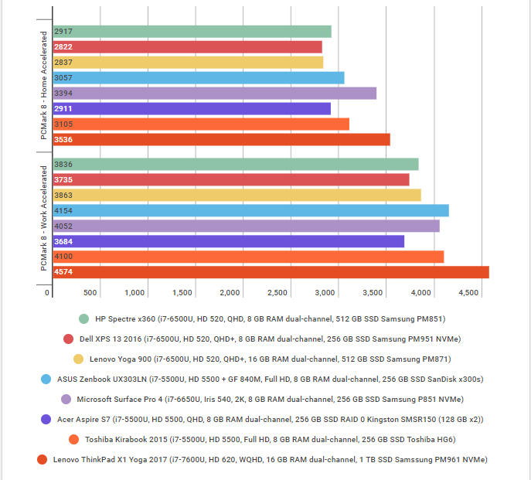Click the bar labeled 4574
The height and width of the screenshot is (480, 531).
[271, 272]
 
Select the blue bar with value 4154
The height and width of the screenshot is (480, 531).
[250, 210]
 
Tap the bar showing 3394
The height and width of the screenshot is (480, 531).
[214, 93]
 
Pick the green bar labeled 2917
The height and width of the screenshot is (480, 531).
[192, 32]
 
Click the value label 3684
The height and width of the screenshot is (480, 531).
[64, 241]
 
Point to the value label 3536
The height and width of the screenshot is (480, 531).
[64, 140]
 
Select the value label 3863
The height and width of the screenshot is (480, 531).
[64, 195]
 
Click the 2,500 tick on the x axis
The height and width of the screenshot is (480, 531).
[278, 293]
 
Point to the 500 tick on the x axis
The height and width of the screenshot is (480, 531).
[90, 293]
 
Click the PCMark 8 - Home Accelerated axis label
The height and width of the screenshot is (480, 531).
[43, 86]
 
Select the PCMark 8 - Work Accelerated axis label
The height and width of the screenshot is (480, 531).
[43, 218]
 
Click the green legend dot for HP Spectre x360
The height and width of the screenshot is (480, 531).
[83, 318]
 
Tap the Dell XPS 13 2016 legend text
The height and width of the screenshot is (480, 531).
[267, 339]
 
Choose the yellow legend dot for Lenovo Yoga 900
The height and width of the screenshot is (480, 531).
[78, 359]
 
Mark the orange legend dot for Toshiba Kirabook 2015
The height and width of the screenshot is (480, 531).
[73, 439]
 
